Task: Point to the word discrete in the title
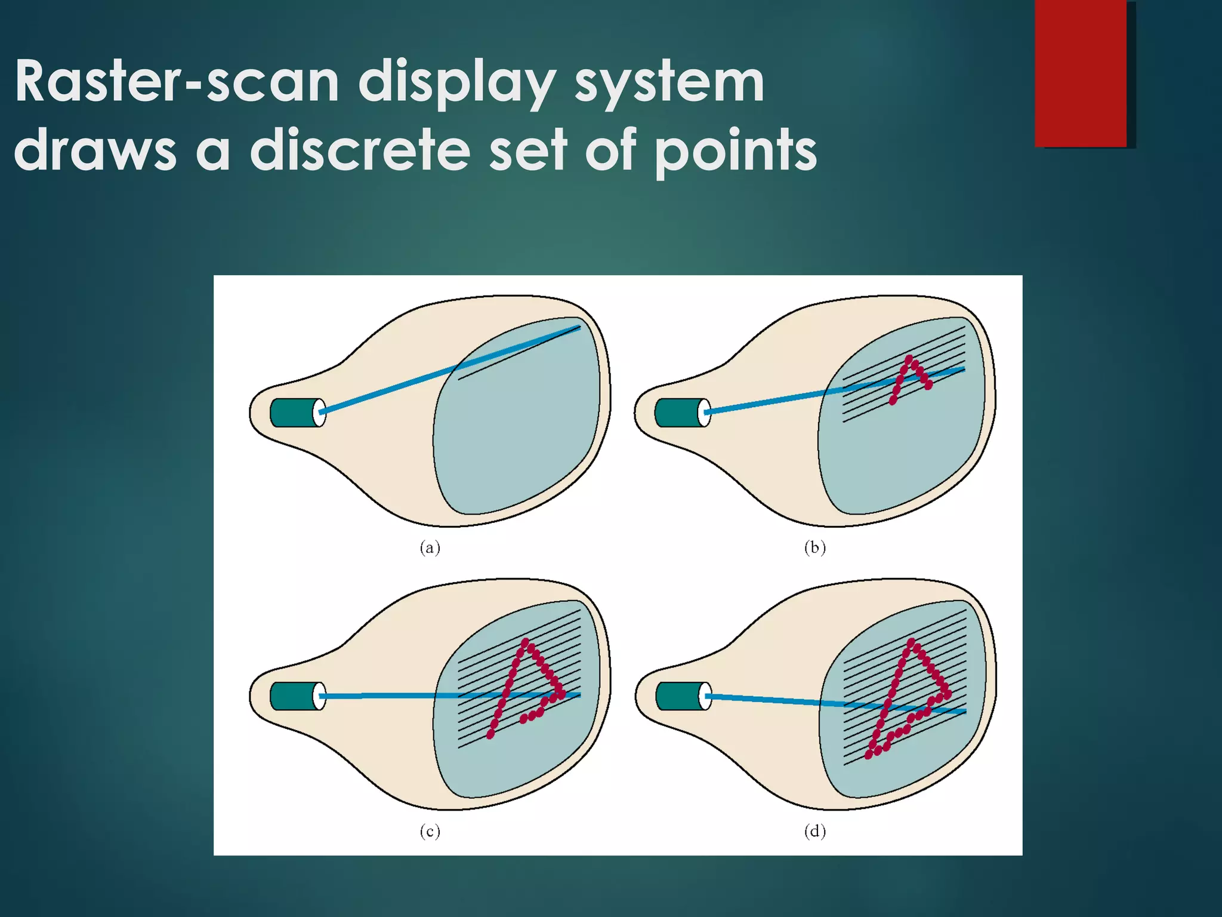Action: pyautogui.click(x=360, y=150)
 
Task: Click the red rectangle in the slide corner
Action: pyautogui.click(x=1081, y=73)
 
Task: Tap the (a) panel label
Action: pyautogui.click(x=430, y=547)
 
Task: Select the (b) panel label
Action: pyautogui.click(x=814, y=547)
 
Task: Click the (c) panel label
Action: pyautogui.click(x=430, y=831)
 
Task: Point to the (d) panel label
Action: pyautogui.click(x=814, y=831)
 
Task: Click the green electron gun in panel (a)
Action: pyautogui.click(x=294, y=413)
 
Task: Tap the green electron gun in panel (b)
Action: pyautogui.click(x=678, y=413)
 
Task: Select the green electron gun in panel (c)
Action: pyautogui.click(x=294, y=696)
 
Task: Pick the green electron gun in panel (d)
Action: pyautogui.click(x=678, y=696)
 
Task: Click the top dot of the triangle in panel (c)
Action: pyautogui.click(x=525, y=642)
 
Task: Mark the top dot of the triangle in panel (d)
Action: pyautogui.click(x=911, y=642)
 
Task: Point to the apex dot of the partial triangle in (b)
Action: pyautogui.click(x=909, y=359)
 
